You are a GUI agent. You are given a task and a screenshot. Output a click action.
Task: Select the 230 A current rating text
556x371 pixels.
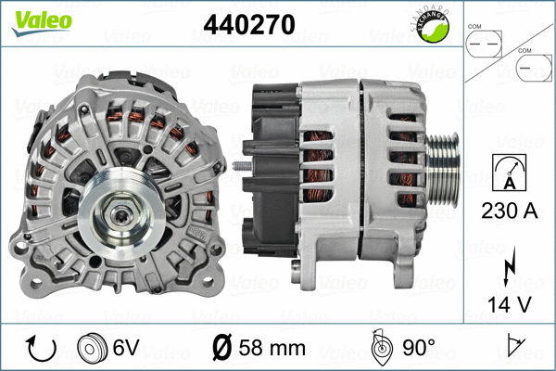coord(509,211)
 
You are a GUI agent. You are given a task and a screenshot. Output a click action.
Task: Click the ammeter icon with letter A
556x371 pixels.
coord(509,171)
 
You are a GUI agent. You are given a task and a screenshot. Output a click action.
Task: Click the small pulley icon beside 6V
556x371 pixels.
coord(91,349)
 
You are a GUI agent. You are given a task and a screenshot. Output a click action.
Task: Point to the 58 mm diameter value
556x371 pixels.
coord(271,349)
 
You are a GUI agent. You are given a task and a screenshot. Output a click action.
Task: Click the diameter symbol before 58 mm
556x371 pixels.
coord(222,350)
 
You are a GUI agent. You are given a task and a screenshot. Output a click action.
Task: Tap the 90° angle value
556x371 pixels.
coord(418,349)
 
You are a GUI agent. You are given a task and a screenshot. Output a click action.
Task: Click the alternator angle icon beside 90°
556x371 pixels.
coord(379,348)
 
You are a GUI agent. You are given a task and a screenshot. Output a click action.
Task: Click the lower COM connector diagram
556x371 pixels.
coord(530,70)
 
